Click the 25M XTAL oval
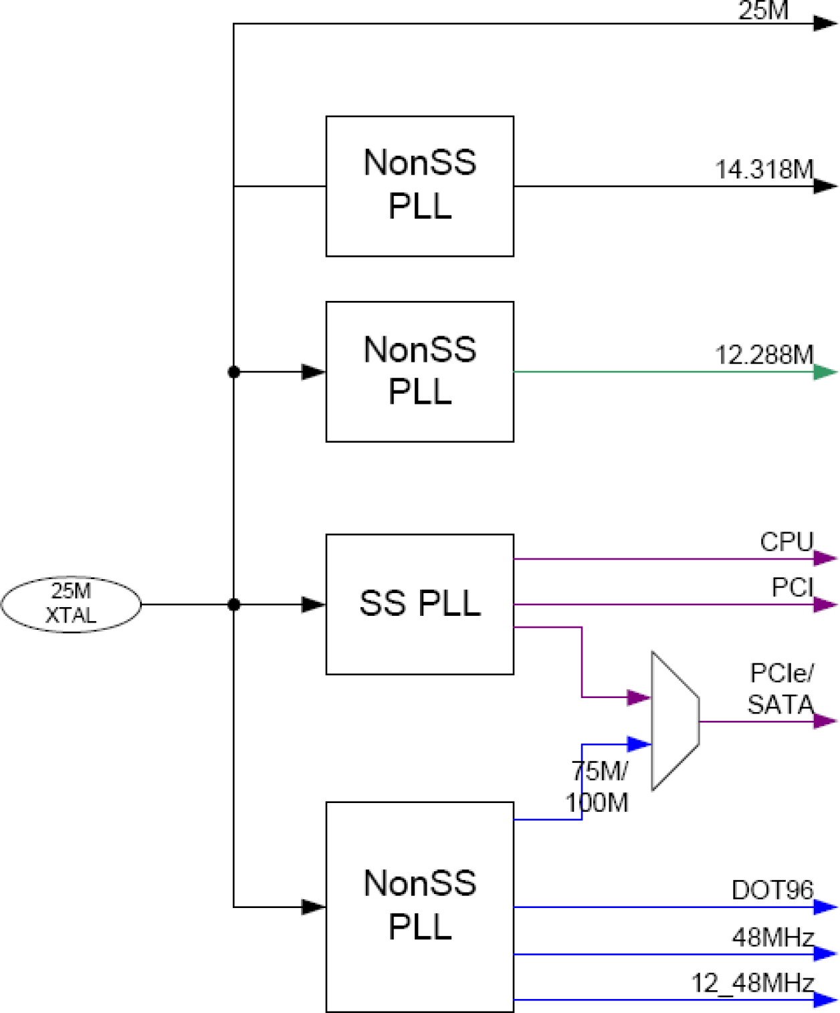coord(71,604)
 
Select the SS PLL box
coord(419,604)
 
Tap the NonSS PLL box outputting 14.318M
coord(419,186)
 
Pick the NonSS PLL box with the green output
coord(419,371)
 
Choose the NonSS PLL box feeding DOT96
coord(419,906)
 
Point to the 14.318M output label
coord(764,170)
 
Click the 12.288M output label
coord(764,355)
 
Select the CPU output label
coord(786,542)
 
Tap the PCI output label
coord(793,588)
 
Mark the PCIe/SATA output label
coord(781,689)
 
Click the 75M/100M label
coord(597,786)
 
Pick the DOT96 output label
coord(772,890)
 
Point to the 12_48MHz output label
coord(752,983)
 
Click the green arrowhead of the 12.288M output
coord(825,372)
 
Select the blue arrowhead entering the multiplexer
coord(639,744)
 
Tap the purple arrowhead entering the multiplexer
coord(639,697)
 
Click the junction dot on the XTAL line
coord(233,604)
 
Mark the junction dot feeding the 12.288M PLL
coord(233,372)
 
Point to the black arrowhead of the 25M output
coord(825,23)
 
